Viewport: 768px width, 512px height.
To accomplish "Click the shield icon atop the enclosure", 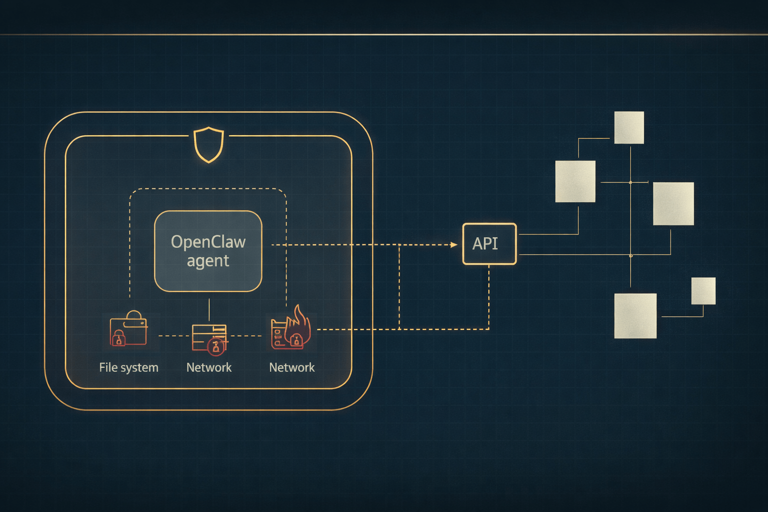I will click(208, 144).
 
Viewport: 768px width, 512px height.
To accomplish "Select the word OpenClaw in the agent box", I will click(208, 242).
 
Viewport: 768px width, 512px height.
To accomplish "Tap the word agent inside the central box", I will click(208, 261).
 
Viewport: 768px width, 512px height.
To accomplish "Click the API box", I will click(489, 243).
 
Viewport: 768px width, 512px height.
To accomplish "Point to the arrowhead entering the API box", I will click(454, 245).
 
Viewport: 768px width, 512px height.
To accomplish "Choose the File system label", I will click(128, 367).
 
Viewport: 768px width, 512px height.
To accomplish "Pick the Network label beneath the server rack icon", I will click(208, 367).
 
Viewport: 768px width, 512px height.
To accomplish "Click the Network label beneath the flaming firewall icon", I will click(291, 367).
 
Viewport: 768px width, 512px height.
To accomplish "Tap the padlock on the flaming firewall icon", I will click(296, 340).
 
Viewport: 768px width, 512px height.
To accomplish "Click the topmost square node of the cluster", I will click(629, 127).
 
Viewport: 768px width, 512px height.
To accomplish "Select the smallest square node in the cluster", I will click(703, 291).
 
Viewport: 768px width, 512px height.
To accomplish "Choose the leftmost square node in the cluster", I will click(575, 181).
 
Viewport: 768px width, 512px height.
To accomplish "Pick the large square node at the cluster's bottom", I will click(635, 316).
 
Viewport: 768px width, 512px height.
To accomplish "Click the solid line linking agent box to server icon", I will click(209, 310).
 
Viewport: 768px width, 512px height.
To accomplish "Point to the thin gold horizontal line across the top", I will click(384, 34).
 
